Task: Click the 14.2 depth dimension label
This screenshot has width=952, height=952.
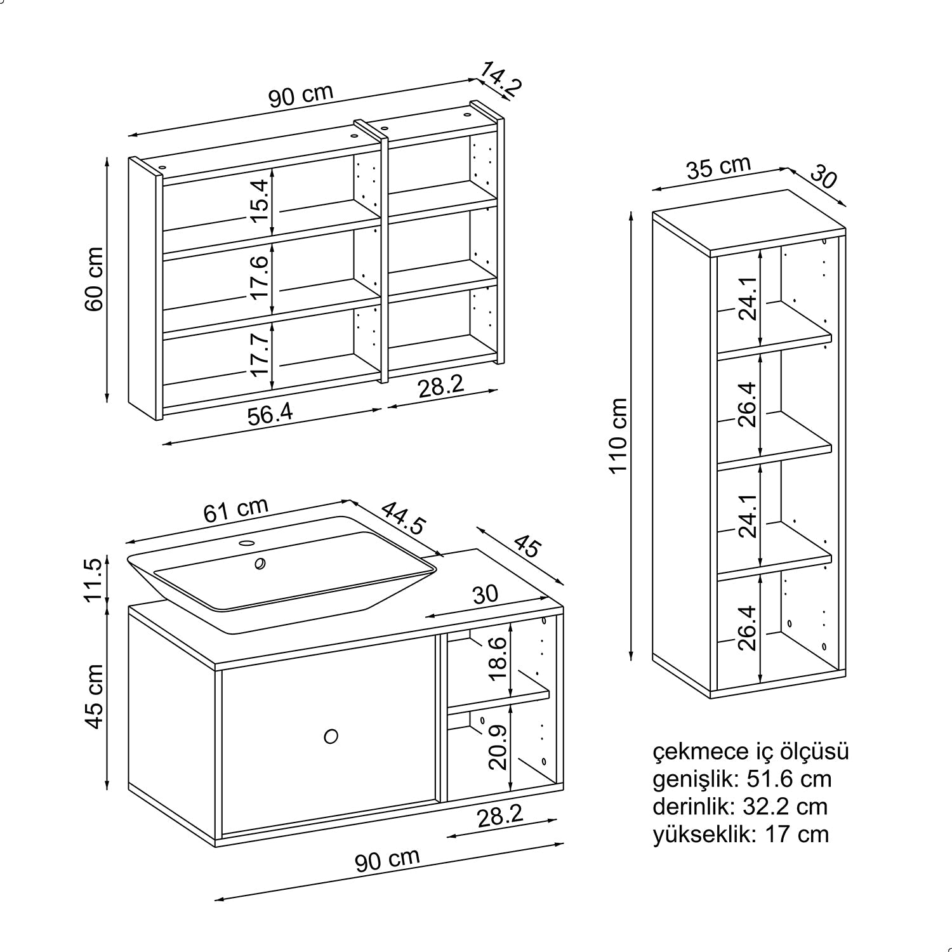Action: coord(501,78)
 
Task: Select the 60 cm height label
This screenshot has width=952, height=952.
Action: coord(95,279)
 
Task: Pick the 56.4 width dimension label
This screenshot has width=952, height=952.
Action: coord(270,414)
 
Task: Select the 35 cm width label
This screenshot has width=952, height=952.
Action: coord(718,168)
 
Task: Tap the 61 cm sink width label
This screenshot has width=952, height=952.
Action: coord(235,510)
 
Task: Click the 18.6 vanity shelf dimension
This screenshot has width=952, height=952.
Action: coord(499,659)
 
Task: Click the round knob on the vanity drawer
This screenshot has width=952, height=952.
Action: coord(330,736)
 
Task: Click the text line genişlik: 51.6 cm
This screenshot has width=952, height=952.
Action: coord(742,779)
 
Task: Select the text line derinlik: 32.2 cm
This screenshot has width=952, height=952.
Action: coord(740,807)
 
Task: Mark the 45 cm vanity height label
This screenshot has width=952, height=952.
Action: coord(94,697)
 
